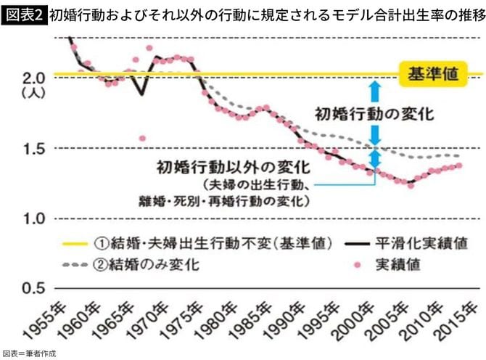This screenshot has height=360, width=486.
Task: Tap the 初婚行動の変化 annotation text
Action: (374, 114)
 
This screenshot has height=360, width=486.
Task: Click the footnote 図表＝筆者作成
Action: (28, 353)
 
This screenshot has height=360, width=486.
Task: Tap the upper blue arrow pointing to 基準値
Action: (374, 91)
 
